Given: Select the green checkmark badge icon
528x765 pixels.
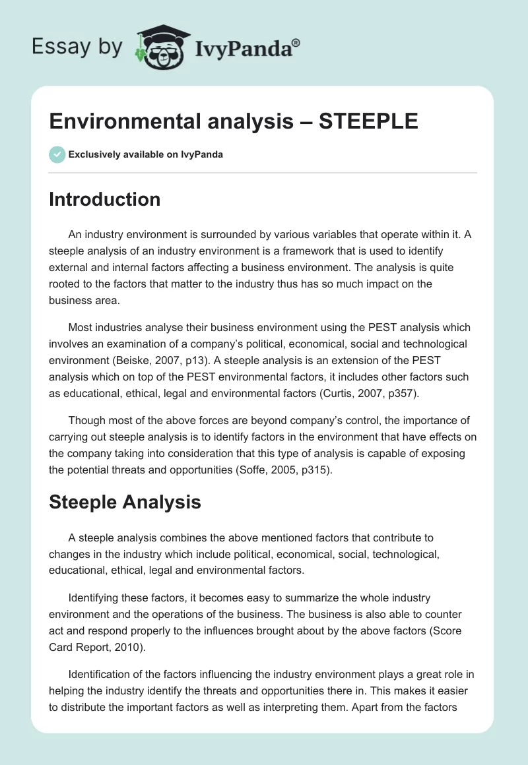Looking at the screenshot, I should point(57,154).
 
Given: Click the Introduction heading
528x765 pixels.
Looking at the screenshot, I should point(104,199).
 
